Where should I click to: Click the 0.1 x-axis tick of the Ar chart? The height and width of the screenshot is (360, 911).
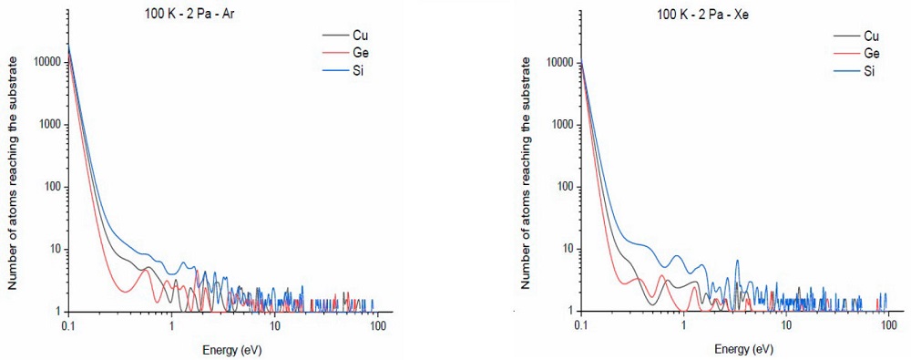click(x=67, y=325)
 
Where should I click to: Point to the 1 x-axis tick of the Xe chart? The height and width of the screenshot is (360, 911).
click(x=683, y=325)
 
